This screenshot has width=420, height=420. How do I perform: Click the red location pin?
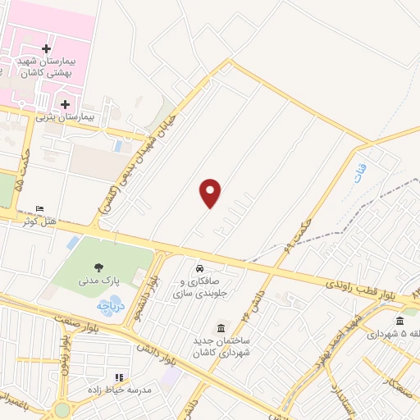click(x=211, y=193)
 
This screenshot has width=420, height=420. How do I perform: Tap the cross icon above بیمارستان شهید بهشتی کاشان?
click(x=45, y=49)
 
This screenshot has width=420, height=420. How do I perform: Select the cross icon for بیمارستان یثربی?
click(x=65, y=104)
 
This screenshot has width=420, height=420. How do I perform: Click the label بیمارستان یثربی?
click(x=66, y=116)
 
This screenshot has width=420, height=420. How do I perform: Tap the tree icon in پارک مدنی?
click(x=99, y=267)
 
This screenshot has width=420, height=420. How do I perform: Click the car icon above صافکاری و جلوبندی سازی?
click(x=199, y=269)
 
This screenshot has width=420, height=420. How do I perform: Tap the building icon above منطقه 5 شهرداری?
click(x=399, y=321)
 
